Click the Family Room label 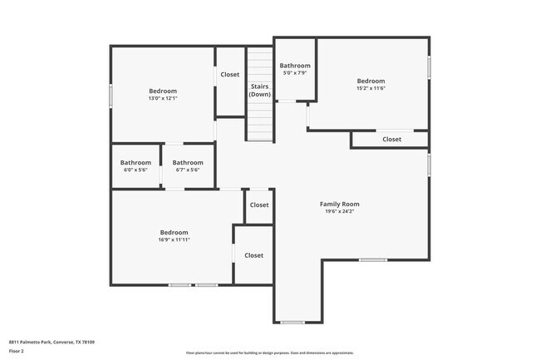339,204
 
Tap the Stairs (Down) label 260,90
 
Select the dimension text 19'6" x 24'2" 339,212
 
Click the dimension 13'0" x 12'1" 163,98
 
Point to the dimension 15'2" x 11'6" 371,88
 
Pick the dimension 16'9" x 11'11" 174,239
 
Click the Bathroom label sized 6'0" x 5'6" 135,162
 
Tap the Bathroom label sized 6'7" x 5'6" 188,162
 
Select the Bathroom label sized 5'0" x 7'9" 295,66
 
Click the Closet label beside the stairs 229,75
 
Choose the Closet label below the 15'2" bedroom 392,139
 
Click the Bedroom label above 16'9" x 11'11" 174,232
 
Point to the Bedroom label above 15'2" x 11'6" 371,81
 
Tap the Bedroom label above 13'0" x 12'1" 163,91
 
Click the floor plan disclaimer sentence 269,353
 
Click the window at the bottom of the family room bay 292,322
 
